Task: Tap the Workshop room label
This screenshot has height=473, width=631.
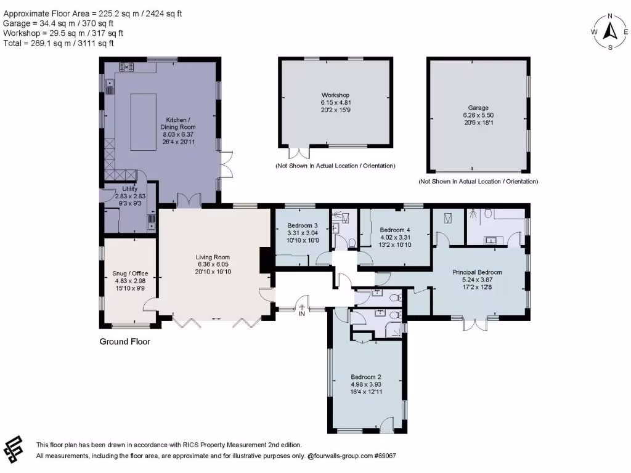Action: coord(335,95)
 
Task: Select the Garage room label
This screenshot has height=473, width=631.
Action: coord(479,108)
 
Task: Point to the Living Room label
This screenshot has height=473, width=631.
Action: coord(213,257)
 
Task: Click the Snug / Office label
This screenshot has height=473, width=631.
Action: coord(130,273)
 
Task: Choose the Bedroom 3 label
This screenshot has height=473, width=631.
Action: coord(303,225)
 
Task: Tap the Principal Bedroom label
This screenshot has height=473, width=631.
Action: coord(477,272)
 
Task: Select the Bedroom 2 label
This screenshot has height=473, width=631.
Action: coord(367,377)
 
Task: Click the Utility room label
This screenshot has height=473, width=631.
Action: coord(130,189)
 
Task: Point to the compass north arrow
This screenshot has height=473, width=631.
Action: coord(610,30)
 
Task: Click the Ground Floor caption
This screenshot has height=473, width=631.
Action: coord(124,342)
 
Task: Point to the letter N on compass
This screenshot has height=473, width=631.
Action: coord(610,16)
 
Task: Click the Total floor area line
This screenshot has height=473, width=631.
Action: coord(59,44)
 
